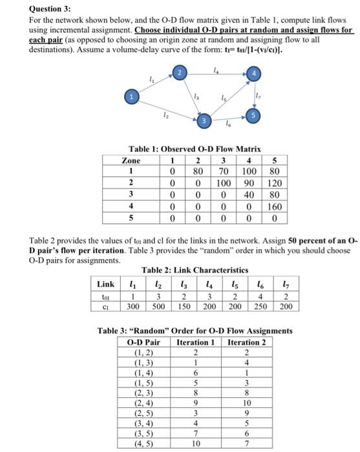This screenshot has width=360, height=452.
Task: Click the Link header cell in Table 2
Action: pyautogui.click(x=106, y=283)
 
